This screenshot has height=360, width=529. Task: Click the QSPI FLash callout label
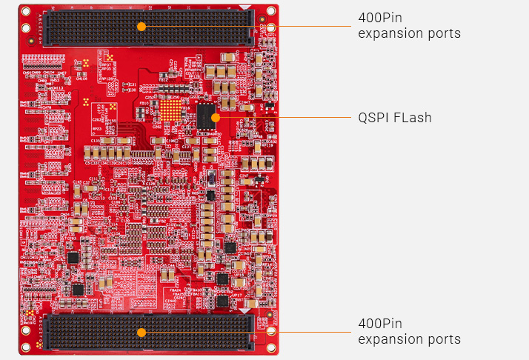[394, 118]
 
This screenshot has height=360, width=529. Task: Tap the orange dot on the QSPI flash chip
[215, 117]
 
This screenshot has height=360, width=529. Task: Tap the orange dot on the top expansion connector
[142, 26]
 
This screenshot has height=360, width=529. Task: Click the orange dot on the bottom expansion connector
[142, 332]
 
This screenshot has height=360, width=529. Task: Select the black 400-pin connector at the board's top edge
[148, 27]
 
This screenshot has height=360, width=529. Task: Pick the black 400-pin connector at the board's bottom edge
[148, 332]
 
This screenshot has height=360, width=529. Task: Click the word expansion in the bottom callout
[389, 339]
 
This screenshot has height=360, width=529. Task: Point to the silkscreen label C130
[96, 140]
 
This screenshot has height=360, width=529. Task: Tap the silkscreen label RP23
[96, 127]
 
